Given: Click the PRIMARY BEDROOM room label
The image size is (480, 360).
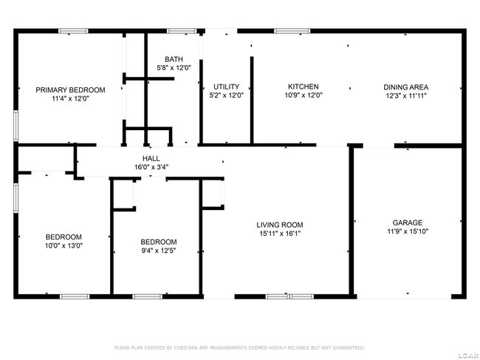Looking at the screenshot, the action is [x=70, y=90].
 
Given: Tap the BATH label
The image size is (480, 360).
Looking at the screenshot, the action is [x=174, y=59].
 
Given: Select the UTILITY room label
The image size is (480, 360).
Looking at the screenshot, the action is [x=226, y=86].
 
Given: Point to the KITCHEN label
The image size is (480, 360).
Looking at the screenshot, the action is [x=304, y=86].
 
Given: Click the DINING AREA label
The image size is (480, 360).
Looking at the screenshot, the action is [x=406, y=87].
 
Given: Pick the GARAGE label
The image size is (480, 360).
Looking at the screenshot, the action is [x=408, y=223].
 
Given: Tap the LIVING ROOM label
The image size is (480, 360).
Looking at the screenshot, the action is [x=280, y=225].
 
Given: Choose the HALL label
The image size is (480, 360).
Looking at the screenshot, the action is [x=151, y=158].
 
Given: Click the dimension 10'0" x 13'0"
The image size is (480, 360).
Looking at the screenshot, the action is [x=64, y=245].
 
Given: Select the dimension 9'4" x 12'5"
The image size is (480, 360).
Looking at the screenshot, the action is [x=158, y=251].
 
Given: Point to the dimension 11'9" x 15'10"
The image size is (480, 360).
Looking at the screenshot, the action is [x=408, y=231].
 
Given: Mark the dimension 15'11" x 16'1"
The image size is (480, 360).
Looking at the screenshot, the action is [x=280, y=234].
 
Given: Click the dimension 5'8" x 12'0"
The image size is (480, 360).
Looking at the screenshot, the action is [x=174, y=68].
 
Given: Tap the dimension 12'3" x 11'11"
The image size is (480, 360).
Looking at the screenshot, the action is [x=406, y=95].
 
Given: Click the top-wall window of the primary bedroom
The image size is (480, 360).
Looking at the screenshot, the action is [x=73, y=31].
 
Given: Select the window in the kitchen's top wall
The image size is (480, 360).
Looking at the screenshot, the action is [x=292, y=31].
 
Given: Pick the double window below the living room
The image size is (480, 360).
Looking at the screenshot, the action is [x=289, y=296].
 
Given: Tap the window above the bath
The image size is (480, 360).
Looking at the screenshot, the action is [x=181, y=31].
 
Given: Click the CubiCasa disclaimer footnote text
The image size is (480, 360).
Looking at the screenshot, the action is [x=240, y=347].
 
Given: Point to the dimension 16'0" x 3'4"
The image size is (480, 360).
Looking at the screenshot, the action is [x=151, y=167].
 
